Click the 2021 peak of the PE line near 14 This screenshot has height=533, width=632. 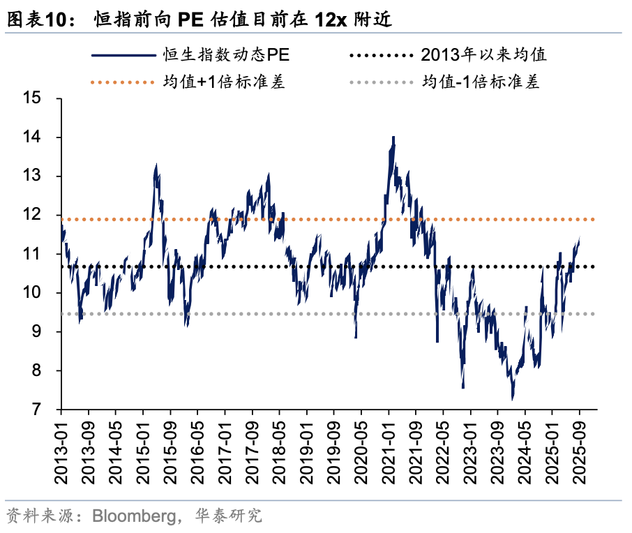[x=393, y=137]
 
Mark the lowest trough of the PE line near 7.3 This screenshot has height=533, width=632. [x=513, y=399]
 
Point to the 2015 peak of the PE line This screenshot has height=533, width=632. [x=156, y=165]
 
